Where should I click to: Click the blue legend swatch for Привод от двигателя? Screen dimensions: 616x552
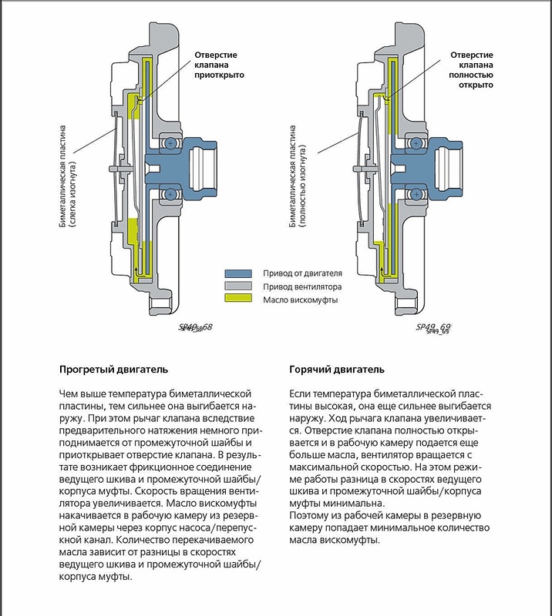tap(240, 273)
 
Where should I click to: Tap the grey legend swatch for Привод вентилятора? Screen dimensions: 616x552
tap(240, 286)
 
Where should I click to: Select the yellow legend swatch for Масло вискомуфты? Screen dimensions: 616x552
tap(240, 300)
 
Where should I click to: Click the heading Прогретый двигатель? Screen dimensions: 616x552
tap(113, 368)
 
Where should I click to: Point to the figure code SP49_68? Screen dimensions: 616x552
tap(195, 327)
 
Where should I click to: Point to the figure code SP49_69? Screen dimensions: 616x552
tap(433, 327)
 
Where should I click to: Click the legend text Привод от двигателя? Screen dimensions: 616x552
tap(302, 273)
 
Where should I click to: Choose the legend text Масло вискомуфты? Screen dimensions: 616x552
tap(300, 300)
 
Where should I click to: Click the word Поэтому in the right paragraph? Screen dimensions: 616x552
tap(310, 514)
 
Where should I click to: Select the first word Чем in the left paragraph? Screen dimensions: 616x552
tap(69, 394)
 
